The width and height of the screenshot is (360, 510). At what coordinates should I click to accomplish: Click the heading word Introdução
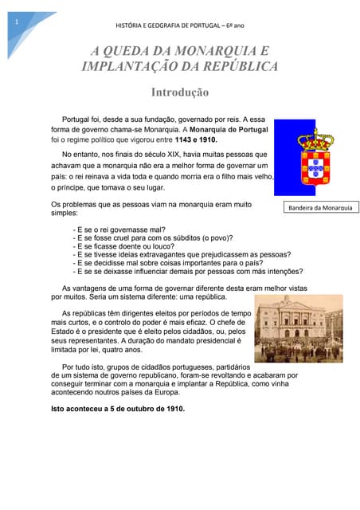click(x=180, y=92)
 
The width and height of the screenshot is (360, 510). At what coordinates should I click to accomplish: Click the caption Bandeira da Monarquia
click(x=320, y=208)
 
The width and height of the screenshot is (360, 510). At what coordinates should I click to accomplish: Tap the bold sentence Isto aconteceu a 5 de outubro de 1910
click(x=117, y=409)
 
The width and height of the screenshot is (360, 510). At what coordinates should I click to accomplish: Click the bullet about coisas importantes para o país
click(x=168, y=262)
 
